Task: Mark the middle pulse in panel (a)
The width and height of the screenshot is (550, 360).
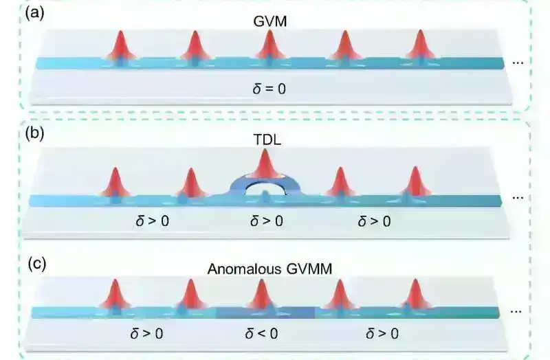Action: pyautogui.click(x=269, y=48)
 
